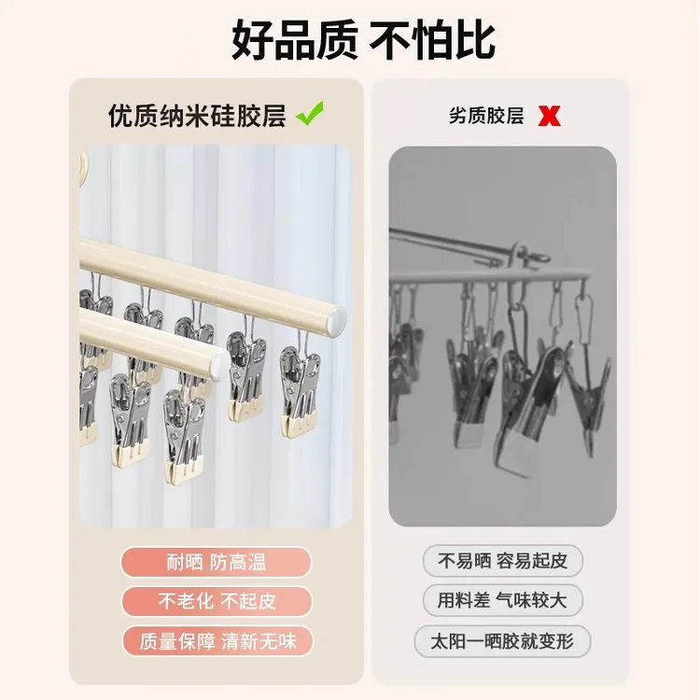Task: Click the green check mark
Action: [x=310, y=113]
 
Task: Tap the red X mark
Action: [x=549, y=116]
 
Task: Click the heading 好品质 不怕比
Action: [x=363, y=40]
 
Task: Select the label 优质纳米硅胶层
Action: [x=197, y=116]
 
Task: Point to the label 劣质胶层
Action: [x=486, y=116]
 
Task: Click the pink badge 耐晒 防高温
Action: [x=217, y=562]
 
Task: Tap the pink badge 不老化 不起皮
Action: [x=217, y=601]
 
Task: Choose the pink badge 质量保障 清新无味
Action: [x=217, y=641]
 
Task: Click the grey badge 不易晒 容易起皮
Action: [x=503, y=561]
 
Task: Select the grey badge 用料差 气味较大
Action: [x=503, y=600]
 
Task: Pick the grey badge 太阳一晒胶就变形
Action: [x=503, y=641]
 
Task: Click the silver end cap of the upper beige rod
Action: [x=337, y=319]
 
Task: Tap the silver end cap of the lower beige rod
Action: [x=220, y=364]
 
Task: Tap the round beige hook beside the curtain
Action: [x=84, y=164]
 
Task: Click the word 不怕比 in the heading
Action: [x=432, y=40]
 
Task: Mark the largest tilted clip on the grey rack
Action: [x=531, y=411]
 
